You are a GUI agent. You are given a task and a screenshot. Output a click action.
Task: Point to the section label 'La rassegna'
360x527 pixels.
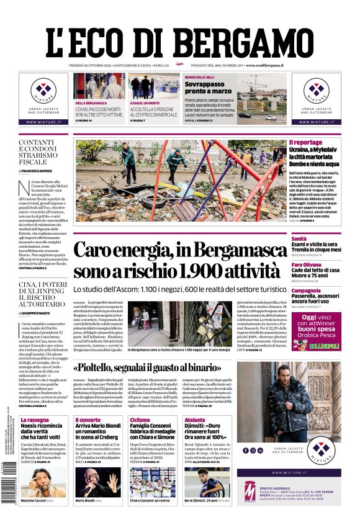(x=34, y=420)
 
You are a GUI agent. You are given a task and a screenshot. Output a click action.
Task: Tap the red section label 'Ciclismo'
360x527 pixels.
(x=140, y=420)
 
